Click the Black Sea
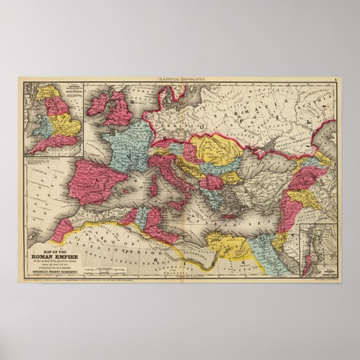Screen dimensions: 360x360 point(263,162)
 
